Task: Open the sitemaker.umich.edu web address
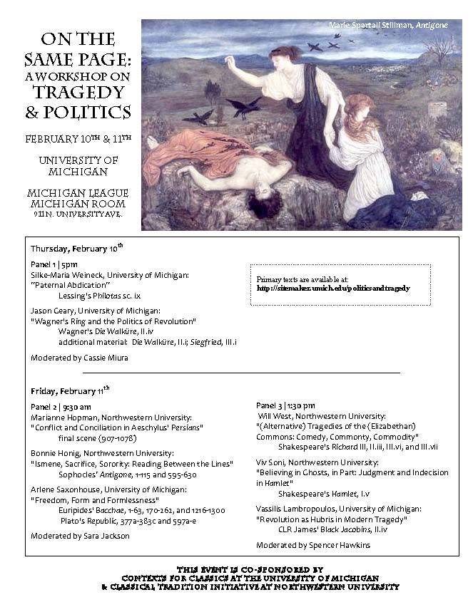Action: pyautogui.click(x=333, y=289)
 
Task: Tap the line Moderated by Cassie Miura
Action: pyautogui.click(x=79, y=358)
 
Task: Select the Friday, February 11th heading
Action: pyautogui.click(x=69, y=391)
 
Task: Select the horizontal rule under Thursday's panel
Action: pyautogui.click(x=241, y=373)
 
